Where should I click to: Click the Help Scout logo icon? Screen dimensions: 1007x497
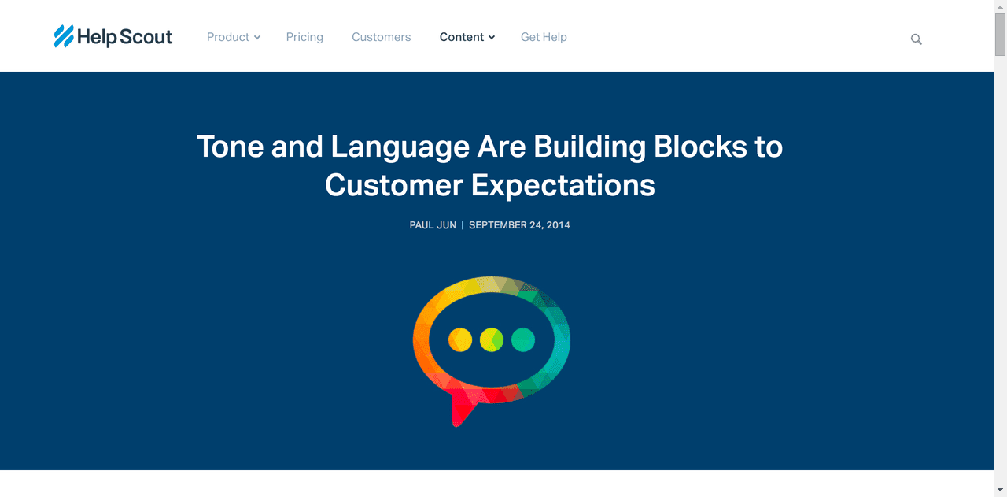tap(64, 36)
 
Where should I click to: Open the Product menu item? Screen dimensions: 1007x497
tap(234, 37)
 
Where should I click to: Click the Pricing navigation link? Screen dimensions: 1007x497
tap(304, 37)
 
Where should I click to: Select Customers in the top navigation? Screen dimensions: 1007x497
tap(382, 37)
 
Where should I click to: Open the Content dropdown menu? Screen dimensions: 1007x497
tap(467, 37)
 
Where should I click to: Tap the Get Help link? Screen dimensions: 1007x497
tap(544, 37)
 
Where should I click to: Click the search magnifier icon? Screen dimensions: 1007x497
tap(917, 39)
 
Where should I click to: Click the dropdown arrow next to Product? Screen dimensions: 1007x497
tap(257, 37)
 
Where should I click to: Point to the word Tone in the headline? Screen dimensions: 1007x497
tap(230, 147)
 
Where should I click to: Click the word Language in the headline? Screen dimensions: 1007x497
tap(400, 147)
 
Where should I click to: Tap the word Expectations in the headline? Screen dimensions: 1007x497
tap(563, 185)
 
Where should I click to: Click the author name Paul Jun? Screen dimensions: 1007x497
tap(433, 225)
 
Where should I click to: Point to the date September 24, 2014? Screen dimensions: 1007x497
tap(519, 225)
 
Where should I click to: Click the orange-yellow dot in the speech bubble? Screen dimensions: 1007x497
tap(460, 339)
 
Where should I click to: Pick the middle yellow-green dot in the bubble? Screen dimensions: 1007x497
tap(492, 339)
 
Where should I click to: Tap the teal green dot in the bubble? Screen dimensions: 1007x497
tap(523, 339)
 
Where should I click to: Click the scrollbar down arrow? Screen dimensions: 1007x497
tap(1000, 490)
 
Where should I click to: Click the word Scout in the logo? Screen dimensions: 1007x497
tap(146, 36)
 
